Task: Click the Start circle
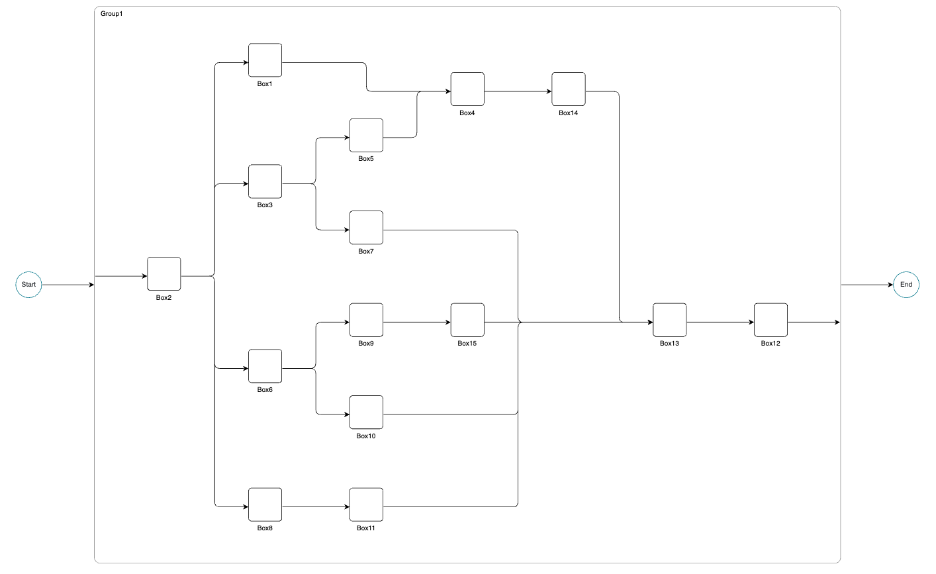tap(28, 285)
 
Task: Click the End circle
tap(906, 285)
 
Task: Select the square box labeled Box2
tap(164, 274)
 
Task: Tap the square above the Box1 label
tap(265, 60)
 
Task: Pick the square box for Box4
tap(467, 89)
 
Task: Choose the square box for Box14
tap(569, 89)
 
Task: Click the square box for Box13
tap(669, 320)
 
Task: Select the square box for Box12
tap(771, 320)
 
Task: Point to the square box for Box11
tap(366, 505)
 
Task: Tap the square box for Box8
tap(265, 505)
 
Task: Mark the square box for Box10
tap(366, 412)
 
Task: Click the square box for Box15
tap(467, 320)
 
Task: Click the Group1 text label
tap(111, 14)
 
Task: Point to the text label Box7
tap(366, 252)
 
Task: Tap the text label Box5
tap(366, 159)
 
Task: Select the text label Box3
tap(265, 205)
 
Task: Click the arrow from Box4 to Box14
tap(518, 92)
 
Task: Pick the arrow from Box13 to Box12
tap(720, 322)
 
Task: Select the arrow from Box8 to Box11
tap(315, 507)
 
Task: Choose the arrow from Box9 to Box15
tap(416, 322)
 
